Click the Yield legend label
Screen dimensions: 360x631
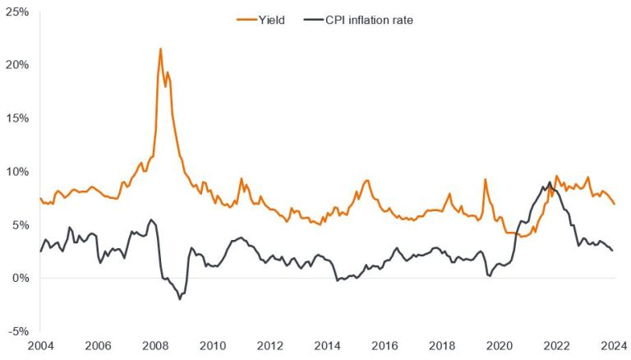pyautogui.click(x=269, y=20)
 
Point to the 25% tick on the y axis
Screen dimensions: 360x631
pyautogui.click(x=18, y=12)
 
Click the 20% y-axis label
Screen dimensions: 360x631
pyautogui.click(x=18, y=65)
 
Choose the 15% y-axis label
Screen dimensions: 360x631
pyautogui.click(x=18, y=118)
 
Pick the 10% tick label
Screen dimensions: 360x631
pyautogui.click(x=18, y=172)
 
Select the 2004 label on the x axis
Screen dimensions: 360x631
pyautogui.click(x=40, y=345)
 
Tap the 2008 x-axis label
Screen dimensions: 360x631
pyautogui.click(x=155, y=345)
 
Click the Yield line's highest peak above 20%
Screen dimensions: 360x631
pyautogui.click(x=160, y=48)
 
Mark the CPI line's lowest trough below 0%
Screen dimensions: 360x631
pyautogui.click(x=180, y=299)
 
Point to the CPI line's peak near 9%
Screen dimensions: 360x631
pyautogui.click(x=549, y=182)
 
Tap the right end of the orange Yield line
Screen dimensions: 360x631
pyautogui.click(x=614, y=204)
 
